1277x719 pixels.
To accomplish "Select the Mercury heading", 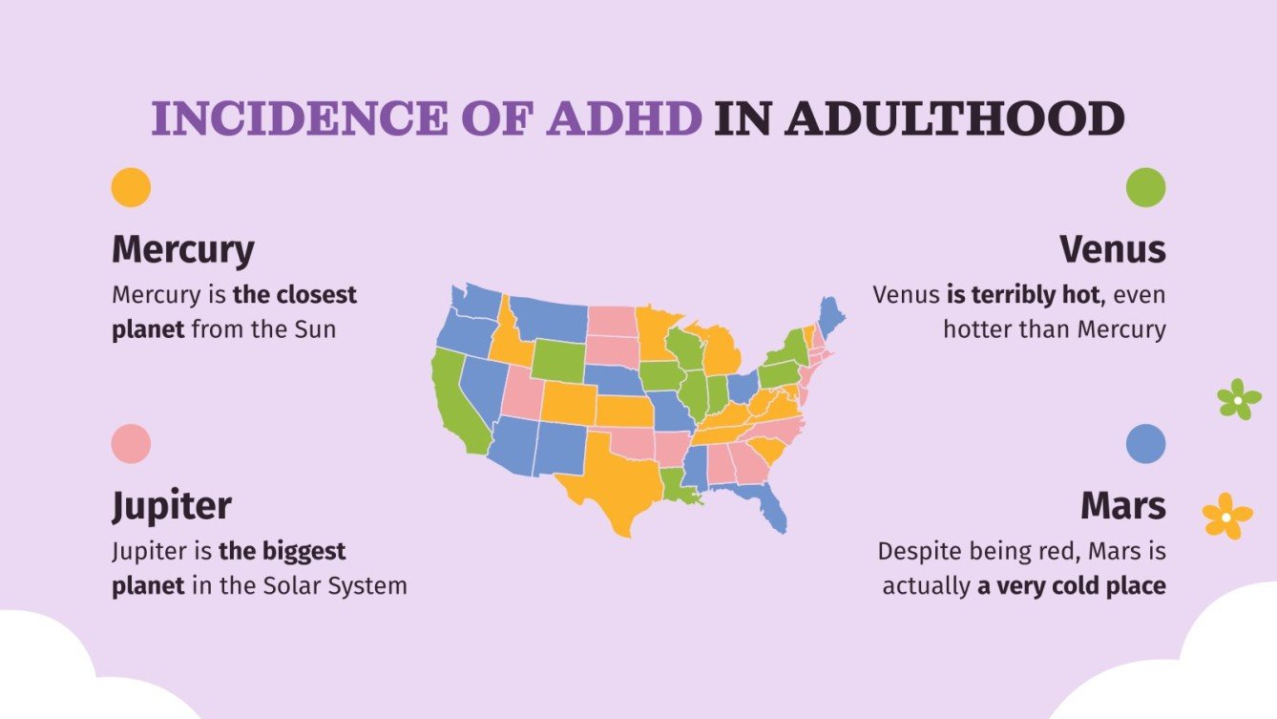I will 183,249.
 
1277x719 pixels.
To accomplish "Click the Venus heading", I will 1112,249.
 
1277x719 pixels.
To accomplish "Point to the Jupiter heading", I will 172,505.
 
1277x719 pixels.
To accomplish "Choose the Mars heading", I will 1122,505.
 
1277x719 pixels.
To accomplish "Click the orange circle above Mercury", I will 131,187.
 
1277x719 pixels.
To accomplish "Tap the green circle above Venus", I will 1145,187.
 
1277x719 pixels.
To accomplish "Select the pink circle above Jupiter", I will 131,444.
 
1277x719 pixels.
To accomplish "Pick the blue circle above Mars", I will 1145,444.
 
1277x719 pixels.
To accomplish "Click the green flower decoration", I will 1239,398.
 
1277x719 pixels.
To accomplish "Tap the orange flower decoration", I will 1226,517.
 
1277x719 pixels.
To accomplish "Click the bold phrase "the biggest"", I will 282,551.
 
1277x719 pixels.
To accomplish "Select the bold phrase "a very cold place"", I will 1071,585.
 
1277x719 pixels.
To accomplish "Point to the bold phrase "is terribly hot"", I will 1022,295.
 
